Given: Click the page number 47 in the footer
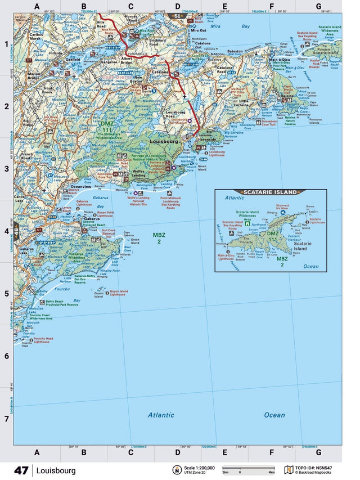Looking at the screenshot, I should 21,470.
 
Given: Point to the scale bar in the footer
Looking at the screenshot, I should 240,468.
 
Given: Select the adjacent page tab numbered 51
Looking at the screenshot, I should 177,17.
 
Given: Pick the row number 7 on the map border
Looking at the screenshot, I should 7,419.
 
